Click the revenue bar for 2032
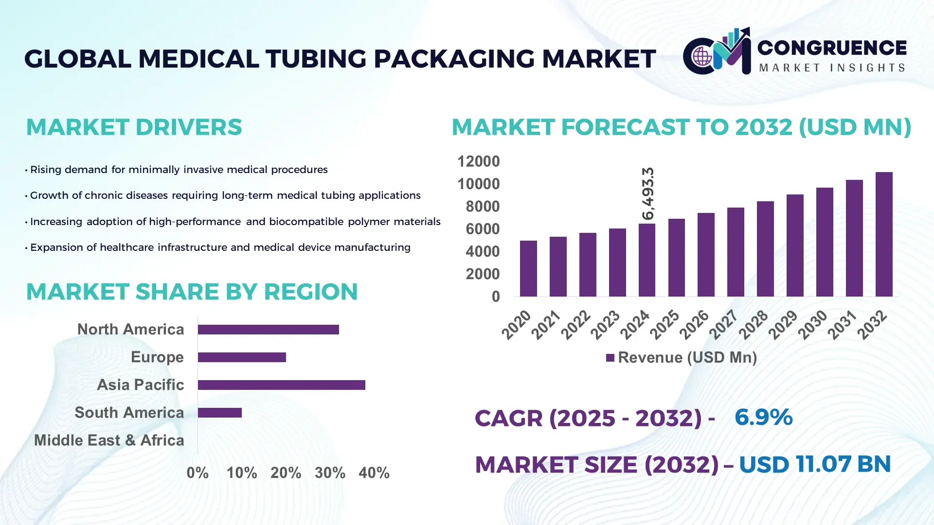(884, 234)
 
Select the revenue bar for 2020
(528, 268)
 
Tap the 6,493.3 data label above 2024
(648, 193)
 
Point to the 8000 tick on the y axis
(483, 207)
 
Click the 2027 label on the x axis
(723, 324)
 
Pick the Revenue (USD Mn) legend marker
(610, 358)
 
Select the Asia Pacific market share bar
(281, 385)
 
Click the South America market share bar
(219, 413)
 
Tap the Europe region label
(157, 357)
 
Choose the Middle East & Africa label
(109, 440)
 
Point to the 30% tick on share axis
(330, 473)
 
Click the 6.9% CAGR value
(763, 418)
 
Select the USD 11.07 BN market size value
(815, 464)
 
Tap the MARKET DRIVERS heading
(134, 127)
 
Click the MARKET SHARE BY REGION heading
(192, 292)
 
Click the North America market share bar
(268, 330)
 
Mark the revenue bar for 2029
(795, 245)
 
